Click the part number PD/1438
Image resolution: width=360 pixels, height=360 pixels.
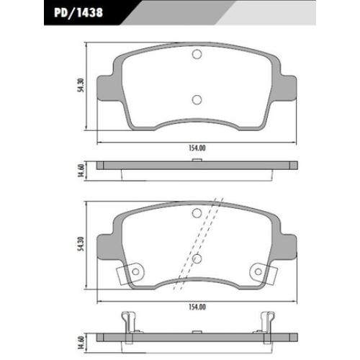(78, 12)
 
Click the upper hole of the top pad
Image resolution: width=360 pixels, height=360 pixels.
(197, 54)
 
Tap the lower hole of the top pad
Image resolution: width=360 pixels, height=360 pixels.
(197, 100)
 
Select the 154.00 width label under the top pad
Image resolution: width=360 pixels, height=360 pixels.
(197, 148)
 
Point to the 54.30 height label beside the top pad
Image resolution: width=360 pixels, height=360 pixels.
(81, 85)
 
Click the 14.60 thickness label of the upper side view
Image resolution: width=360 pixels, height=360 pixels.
(81, 171)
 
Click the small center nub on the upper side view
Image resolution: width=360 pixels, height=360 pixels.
(197, 160)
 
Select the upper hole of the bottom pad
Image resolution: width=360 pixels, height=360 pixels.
(197, 213)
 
